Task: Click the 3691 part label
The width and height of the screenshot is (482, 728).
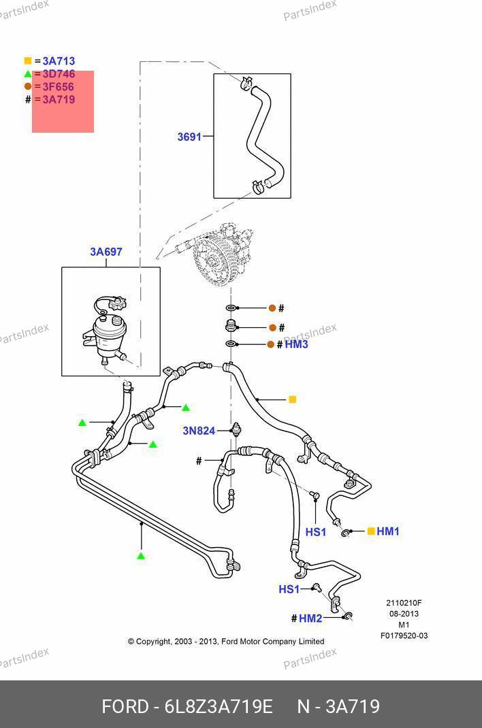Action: coord(189,137)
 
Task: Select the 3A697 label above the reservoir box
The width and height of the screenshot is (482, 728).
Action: coord(106,252)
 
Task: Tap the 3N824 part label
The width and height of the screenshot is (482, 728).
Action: coord(199,431)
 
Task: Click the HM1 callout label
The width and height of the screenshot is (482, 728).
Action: coord(388,531)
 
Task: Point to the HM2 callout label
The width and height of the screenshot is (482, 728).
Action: coord(310,618)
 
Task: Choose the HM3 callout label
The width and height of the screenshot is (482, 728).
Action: coord(296,345)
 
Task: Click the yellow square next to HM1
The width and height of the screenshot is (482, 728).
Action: coord(371,531)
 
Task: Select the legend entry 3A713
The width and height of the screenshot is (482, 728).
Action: coord(59,61)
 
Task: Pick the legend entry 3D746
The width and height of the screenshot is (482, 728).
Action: coord(59,74)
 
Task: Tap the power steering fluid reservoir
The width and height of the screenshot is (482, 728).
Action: coord(109,333)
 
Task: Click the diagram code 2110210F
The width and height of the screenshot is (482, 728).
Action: coord(404,603)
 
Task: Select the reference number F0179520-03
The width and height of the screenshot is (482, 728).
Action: coord(404,636)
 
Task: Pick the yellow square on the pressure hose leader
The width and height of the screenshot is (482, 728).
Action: coord(293,400)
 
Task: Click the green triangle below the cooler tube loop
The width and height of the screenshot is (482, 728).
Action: coord(141,557)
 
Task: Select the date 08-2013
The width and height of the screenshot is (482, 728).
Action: coord(404,614)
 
